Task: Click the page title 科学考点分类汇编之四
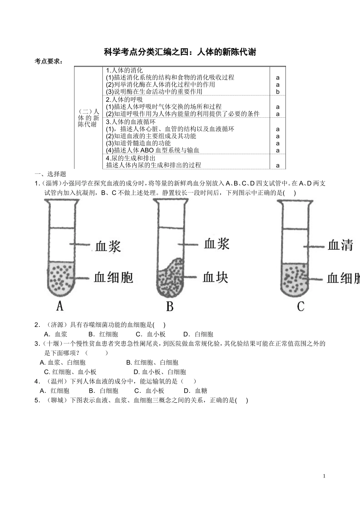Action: [x=180, y=52]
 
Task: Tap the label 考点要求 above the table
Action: [x=49, y=61]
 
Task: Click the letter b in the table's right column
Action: [x=278, y=92]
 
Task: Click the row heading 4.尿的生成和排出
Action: [x=131, y=158]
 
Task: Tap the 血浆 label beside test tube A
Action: [x=108, y=247]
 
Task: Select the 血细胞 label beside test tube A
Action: [x=114, y=278]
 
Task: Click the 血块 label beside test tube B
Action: [x=216, y=277]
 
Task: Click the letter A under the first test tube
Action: [x=59, y=306]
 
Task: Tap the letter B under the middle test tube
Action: [x=170, y=306]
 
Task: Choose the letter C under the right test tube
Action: [x=301, y=306]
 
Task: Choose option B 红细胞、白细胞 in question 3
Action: [x=152, y=362]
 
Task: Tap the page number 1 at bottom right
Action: [x=324, y=476]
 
